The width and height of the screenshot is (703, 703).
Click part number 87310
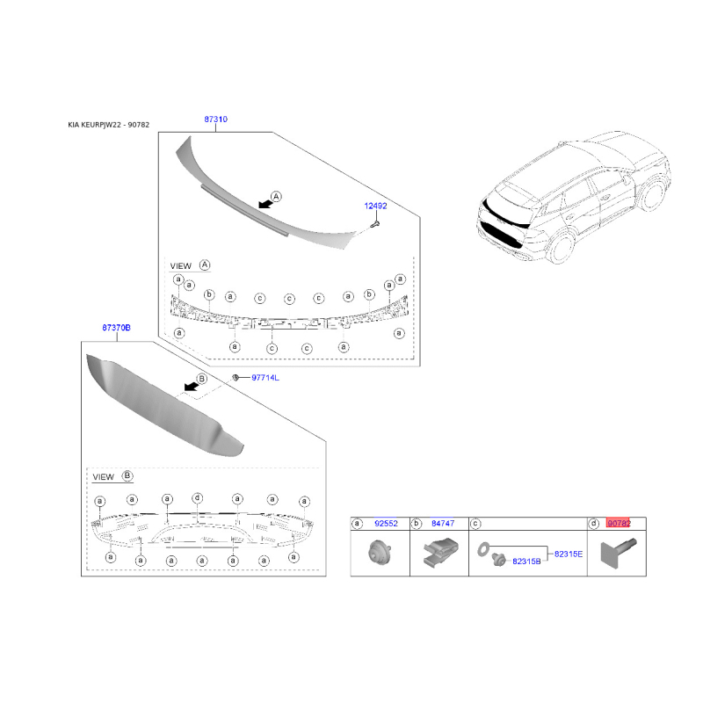pos(215,120)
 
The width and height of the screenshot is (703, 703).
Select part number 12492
pos(375,206)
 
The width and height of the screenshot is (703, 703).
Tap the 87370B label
pos(116,328)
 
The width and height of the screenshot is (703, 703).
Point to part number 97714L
pos(265,378)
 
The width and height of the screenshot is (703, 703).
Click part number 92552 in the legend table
pos(386,523)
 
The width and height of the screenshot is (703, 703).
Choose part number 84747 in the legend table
pos(443,523)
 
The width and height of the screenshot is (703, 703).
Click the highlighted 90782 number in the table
pos(619,523)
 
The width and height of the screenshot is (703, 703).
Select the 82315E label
pos(569,554)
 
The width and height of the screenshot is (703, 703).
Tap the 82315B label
pos(526,562)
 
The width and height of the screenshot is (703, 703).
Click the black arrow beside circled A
pos(265,204)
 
